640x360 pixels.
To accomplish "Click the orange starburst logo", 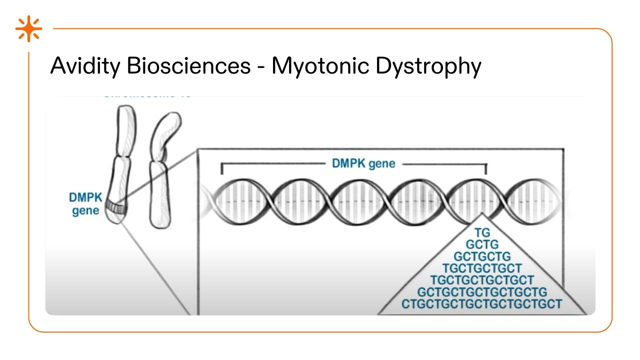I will (28, 29).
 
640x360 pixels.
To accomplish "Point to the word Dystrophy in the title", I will (428, 67).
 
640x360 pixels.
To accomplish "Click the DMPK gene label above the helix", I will (363, 163).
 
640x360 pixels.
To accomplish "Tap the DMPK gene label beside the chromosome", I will (85, 204).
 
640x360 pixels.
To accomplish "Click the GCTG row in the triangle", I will (482, 244).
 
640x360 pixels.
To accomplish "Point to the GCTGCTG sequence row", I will (482, 256).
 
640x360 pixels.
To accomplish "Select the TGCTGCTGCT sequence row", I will (482, 268).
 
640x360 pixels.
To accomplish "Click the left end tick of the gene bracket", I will (221, 169).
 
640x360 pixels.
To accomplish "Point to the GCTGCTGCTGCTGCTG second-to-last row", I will (482, 292).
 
